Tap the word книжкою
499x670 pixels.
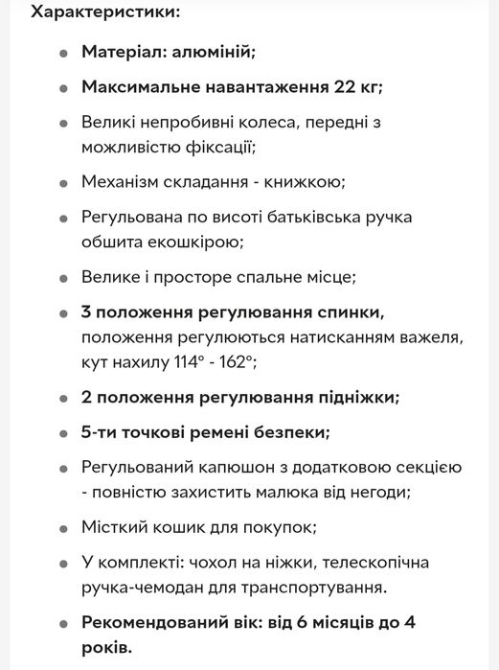point(277,182)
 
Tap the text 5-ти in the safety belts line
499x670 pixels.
point(100,432)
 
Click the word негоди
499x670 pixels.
point(379,492)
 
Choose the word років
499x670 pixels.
point(104,646)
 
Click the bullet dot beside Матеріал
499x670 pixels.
point(64,54)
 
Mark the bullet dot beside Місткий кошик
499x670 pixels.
point(64,528)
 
